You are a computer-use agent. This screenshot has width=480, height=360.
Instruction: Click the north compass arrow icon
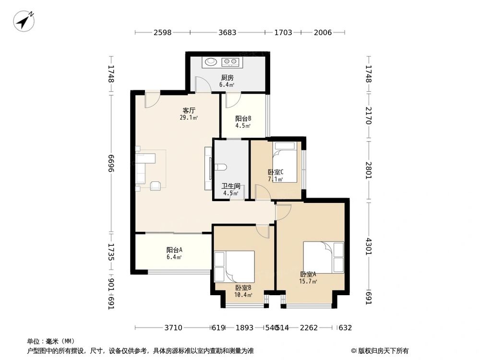(24, 21)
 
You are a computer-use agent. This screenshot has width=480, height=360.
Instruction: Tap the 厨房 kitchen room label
(227, 78)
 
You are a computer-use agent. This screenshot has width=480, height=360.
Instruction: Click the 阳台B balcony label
(243, 119)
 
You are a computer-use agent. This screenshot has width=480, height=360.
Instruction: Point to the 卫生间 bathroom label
(230, 186)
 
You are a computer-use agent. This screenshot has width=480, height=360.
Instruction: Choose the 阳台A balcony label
(174, 250)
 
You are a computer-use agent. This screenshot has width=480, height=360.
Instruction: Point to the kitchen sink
(211, 61)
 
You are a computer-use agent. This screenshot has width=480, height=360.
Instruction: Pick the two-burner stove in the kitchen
(230, 61)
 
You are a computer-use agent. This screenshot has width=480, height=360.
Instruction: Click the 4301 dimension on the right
(369, 250)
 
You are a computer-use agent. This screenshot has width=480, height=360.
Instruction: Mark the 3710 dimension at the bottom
(173, 328)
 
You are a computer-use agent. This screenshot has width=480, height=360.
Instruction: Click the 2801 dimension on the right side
(369, 170)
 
